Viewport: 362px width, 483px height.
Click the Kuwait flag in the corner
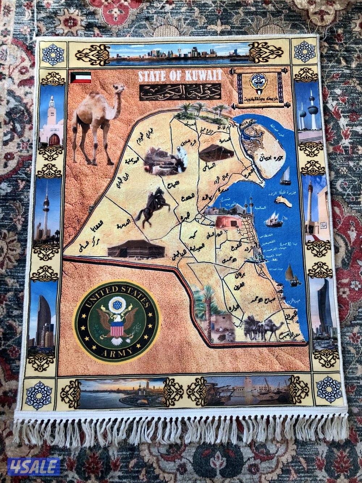pyautogui.click(x=81, y=77)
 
